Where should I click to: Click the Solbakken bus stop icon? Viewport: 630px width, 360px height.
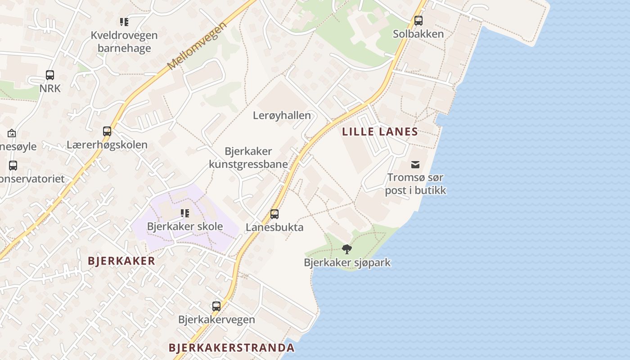(x=418, y=21)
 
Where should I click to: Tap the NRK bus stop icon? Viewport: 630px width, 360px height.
(x=50, y=75)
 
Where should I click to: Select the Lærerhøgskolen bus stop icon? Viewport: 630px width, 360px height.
(x=107, y=131)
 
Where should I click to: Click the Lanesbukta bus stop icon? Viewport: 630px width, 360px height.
(x=274, y=214)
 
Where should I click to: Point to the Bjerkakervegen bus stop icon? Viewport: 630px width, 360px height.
(x=216, y=306)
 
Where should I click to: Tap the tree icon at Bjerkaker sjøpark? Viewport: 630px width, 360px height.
(x=347, y=249)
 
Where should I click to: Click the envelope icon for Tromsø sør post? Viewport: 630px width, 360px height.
(x=415, y=165)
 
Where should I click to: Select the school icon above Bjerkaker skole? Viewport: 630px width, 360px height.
(x=185, y=213)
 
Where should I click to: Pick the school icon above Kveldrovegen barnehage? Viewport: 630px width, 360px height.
(x=124, y=22)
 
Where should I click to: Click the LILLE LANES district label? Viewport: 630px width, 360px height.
(x=380, y=132)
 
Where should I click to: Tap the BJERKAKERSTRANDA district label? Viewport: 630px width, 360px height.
(x=232, y=348)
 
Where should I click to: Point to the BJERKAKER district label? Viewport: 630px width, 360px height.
(x=121, y=261)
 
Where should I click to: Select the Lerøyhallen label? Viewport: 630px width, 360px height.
(x=282, y=116)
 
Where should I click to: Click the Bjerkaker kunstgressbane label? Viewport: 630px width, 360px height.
(x=248, y=158)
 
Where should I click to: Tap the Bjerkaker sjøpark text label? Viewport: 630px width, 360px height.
(x=347, y=263)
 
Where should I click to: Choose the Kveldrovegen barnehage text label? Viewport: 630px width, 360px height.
(x=124, y=42)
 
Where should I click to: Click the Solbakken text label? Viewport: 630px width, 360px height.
(x=418, y=34)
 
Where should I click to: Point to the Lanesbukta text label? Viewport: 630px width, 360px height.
(x=274, y=228)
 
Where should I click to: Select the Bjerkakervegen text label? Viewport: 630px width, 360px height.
(x=216, y=320)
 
